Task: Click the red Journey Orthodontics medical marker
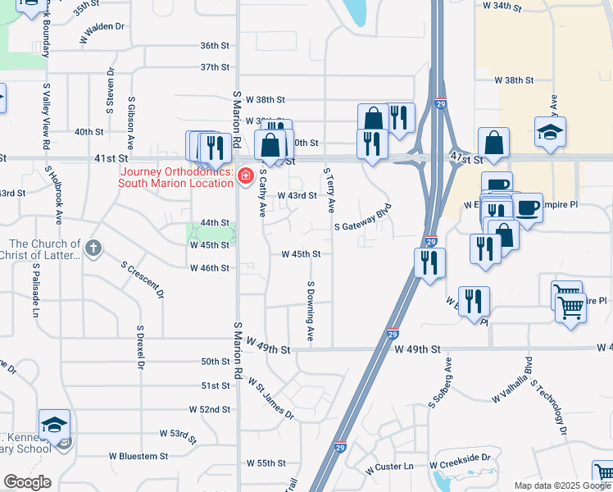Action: (x=244, y=176)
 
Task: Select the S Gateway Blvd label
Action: (x=361, y=216)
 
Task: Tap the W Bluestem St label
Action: (x=138, y=456)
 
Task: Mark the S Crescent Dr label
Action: (x=143, y=280)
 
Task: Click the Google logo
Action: (x=27, y=482)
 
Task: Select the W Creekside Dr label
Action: (x=464, y=458)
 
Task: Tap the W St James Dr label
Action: (x=271, y=397)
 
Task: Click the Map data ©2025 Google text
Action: (x=561, y=485)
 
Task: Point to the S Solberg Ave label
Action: (x=439, y=383)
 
